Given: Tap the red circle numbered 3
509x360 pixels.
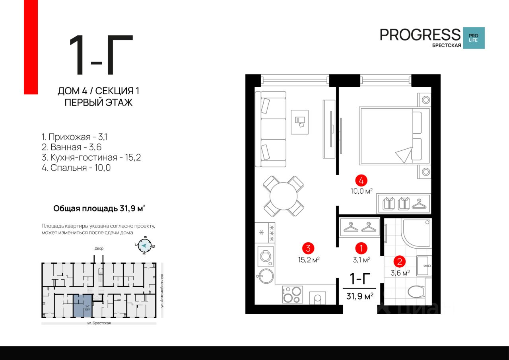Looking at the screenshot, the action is point(308,249).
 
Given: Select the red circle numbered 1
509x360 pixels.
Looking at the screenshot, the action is point(361,249).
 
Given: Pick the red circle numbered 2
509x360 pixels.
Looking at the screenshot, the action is point(399,262).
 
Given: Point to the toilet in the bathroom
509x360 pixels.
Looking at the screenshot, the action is point(418,292).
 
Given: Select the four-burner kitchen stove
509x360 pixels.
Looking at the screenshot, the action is point(292,295).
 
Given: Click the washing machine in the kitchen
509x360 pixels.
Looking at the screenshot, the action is point(264,256).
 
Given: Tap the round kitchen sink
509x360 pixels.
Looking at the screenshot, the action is point(264,276).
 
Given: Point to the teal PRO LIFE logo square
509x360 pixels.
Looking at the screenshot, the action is point(474,38).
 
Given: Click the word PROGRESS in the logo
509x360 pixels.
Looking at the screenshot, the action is point(420,35).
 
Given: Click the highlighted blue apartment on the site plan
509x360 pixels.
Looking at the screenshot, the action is point(82,306).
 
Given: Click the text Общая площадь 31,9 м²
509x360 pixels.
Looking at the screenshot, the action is point(99,208).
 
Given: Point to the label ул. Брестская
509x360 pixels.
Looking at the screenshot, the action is point(99,323).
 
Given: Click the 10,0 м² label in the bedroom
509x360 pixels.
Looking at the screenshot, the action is point(361,191).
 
